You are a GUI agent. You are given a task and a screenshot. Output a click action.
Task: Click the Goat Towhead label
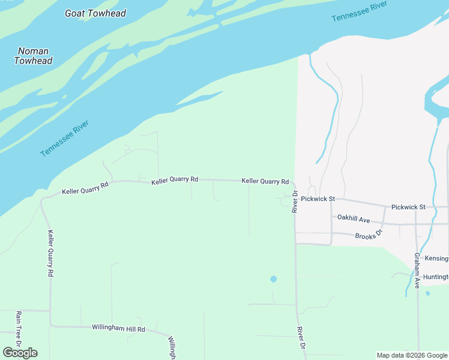(95, 13)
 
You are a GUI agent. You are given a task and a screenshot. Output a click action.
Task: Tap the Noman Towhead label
(33, 56)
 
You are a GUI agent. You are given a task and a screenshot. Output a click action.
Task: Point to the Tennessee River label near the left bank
(65, 139)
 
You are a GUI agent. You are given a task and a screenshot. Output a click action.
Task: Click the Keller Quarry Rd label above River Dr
(265, 181)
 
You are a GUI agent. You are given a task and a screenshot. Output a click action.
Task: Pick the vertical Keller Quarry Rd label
(50, 253)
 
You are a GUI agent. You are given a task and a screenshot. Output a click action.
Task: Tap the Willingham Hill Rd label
(118, 328)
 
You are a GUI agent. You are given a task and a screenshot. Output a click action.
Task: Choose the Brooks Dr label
(369, 235)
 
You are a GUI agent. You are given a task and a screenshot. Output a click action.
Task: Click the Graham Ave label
(417, 271)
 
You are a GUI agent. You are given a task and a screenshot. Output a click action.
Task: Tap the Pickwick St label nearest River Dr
(318, 199)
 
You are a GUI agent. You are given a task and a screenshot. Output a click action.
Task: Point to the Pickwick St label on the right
(408, 207)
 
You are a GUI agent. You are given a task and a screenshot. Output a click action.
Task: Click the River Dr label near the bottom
(301, 338)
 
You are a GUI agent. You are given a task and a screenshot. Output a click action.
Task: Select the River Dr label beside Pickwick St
(295, 201)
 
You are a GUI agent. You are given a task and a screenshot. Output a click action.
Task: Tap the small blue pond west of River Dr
(274, 279)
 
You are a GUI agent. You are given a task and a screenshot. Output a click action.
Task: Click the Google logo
(20, 353)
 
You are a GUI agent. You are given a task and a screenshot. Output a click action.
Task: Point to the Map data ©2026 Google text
(411, 355)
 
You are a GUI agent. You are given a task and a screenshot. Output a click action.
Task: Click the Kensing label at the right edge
(436, 259)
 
